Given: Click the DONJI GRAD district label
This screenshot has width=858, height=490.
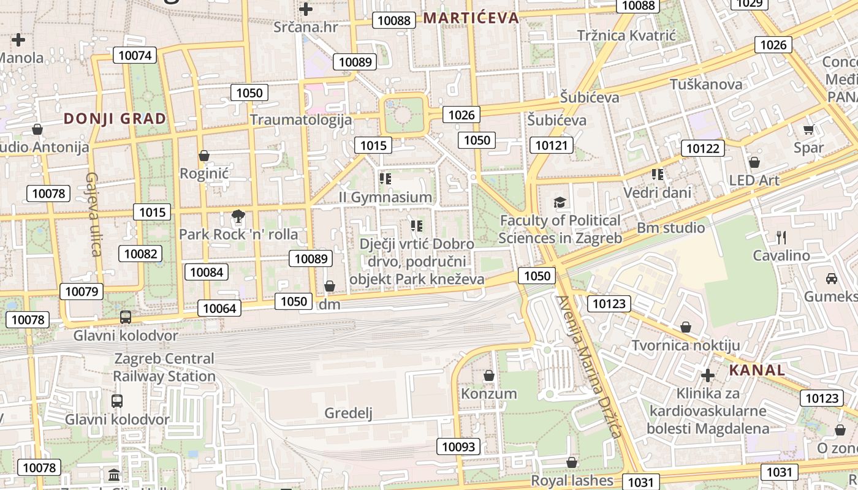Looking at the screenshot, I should (115, 118).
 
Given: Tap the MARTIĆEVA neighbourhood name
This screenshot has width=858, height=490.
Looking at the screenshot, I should (471, 18).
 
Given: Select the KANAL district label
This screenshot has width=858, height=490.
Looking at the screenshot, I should (757, 370).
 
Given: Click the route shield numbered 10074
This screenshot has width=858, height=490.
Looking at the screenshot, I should (134, 56).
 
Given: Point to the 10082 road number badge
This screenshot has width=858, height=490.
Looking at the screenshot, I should (141, 254).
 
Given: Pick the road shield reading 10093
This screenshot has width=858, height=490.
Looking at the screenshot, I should (458, 447).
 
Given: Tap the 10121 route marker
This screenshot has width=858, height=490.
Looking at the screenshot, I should (552, 145).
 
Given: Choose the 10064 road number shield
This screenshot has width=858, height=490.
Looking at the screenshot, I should (219, 308).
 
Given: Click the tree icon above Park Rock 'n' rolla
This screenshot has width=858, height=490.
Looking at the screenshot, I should (238, 216).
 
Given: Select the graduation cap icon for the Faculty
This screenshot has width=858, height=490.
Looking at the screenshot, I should (560, 202).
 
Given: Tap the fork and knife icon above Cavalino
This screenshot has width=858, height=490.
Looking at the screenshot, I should (781, 237).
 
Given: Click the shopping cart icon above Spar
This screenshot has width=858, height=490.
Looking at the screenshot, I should (808, 129).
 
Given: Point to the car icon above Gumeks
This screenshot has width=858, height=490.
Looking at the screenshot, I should (832, 278).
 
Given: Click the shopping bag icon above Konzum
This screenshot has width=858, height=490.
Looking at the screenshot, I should (489, 375).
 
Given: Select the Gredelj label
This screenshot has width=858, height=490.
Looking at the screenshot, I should (348, 413).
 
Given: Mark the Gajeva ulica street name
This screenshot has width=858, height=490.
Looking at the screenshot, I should (93, 214).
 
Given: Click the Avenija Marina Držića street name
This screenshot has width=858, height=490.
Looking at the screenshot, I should (589, 366).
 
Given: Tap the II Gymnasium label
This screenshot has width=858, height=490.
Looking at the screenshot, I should (385, 197).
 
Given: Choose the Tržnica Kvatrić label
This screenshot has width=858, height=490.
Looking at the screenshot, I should (626, 36).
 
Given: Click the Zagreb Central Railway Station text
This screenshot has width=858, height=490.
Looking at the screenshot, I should (164, 367).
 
